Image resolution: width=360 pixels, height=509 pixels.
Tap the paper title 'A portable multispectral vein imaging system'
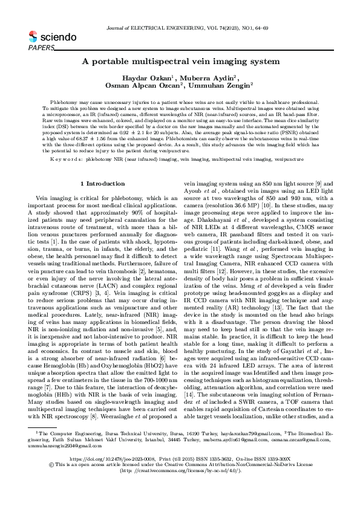(x=180, y=62)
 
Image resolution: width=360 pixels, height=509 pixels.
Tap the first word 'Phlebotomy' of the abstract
(x=62, y=104)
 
